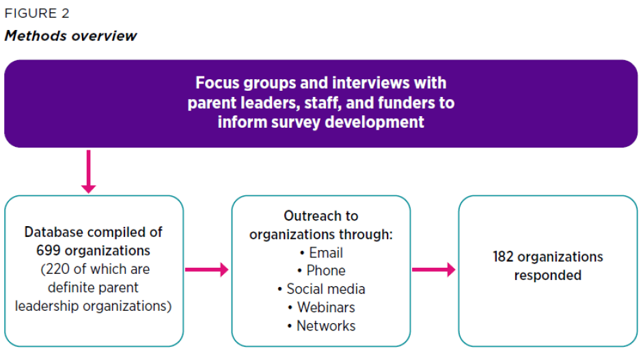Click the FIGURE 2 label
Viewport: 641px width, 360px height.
click(37, 13)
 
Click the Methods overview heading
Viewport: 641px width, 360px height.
click(70, 36)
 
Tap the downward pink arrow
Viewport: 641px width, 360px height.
click(89, 171)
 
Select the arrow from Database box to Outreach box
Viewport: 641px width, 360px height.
click(206, 271)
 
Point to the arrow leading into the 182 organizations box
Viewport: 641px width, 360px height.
click(433, 271)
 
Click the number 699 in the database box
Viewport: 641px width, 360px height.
click(49, 250)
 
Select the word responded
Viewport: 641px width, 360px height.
click(547, 275)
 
